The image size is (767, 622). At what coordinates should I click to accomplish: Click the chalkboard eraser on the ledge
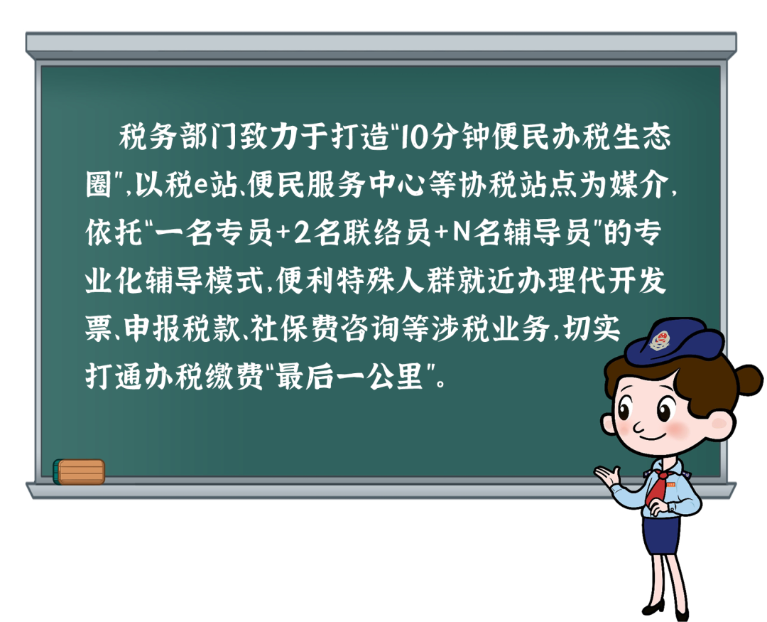79,471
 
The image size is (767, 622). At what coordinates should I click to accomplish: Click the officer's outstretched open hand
606,475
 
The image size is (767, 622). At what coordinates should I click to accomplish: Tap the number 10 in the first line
414,137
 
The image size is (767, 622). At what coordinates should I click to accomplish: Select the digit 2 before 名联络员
301,233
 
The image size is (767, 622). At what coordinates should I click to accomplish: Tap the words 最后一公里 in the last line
349,377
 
